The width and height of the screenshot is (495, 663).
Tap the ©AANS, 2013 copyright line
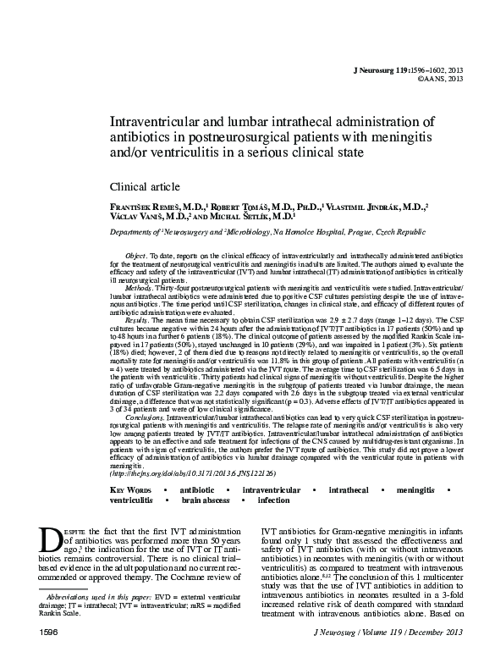coord(441,79)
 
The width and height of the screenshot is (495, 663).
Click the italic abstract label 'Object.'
coord(137,254)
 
